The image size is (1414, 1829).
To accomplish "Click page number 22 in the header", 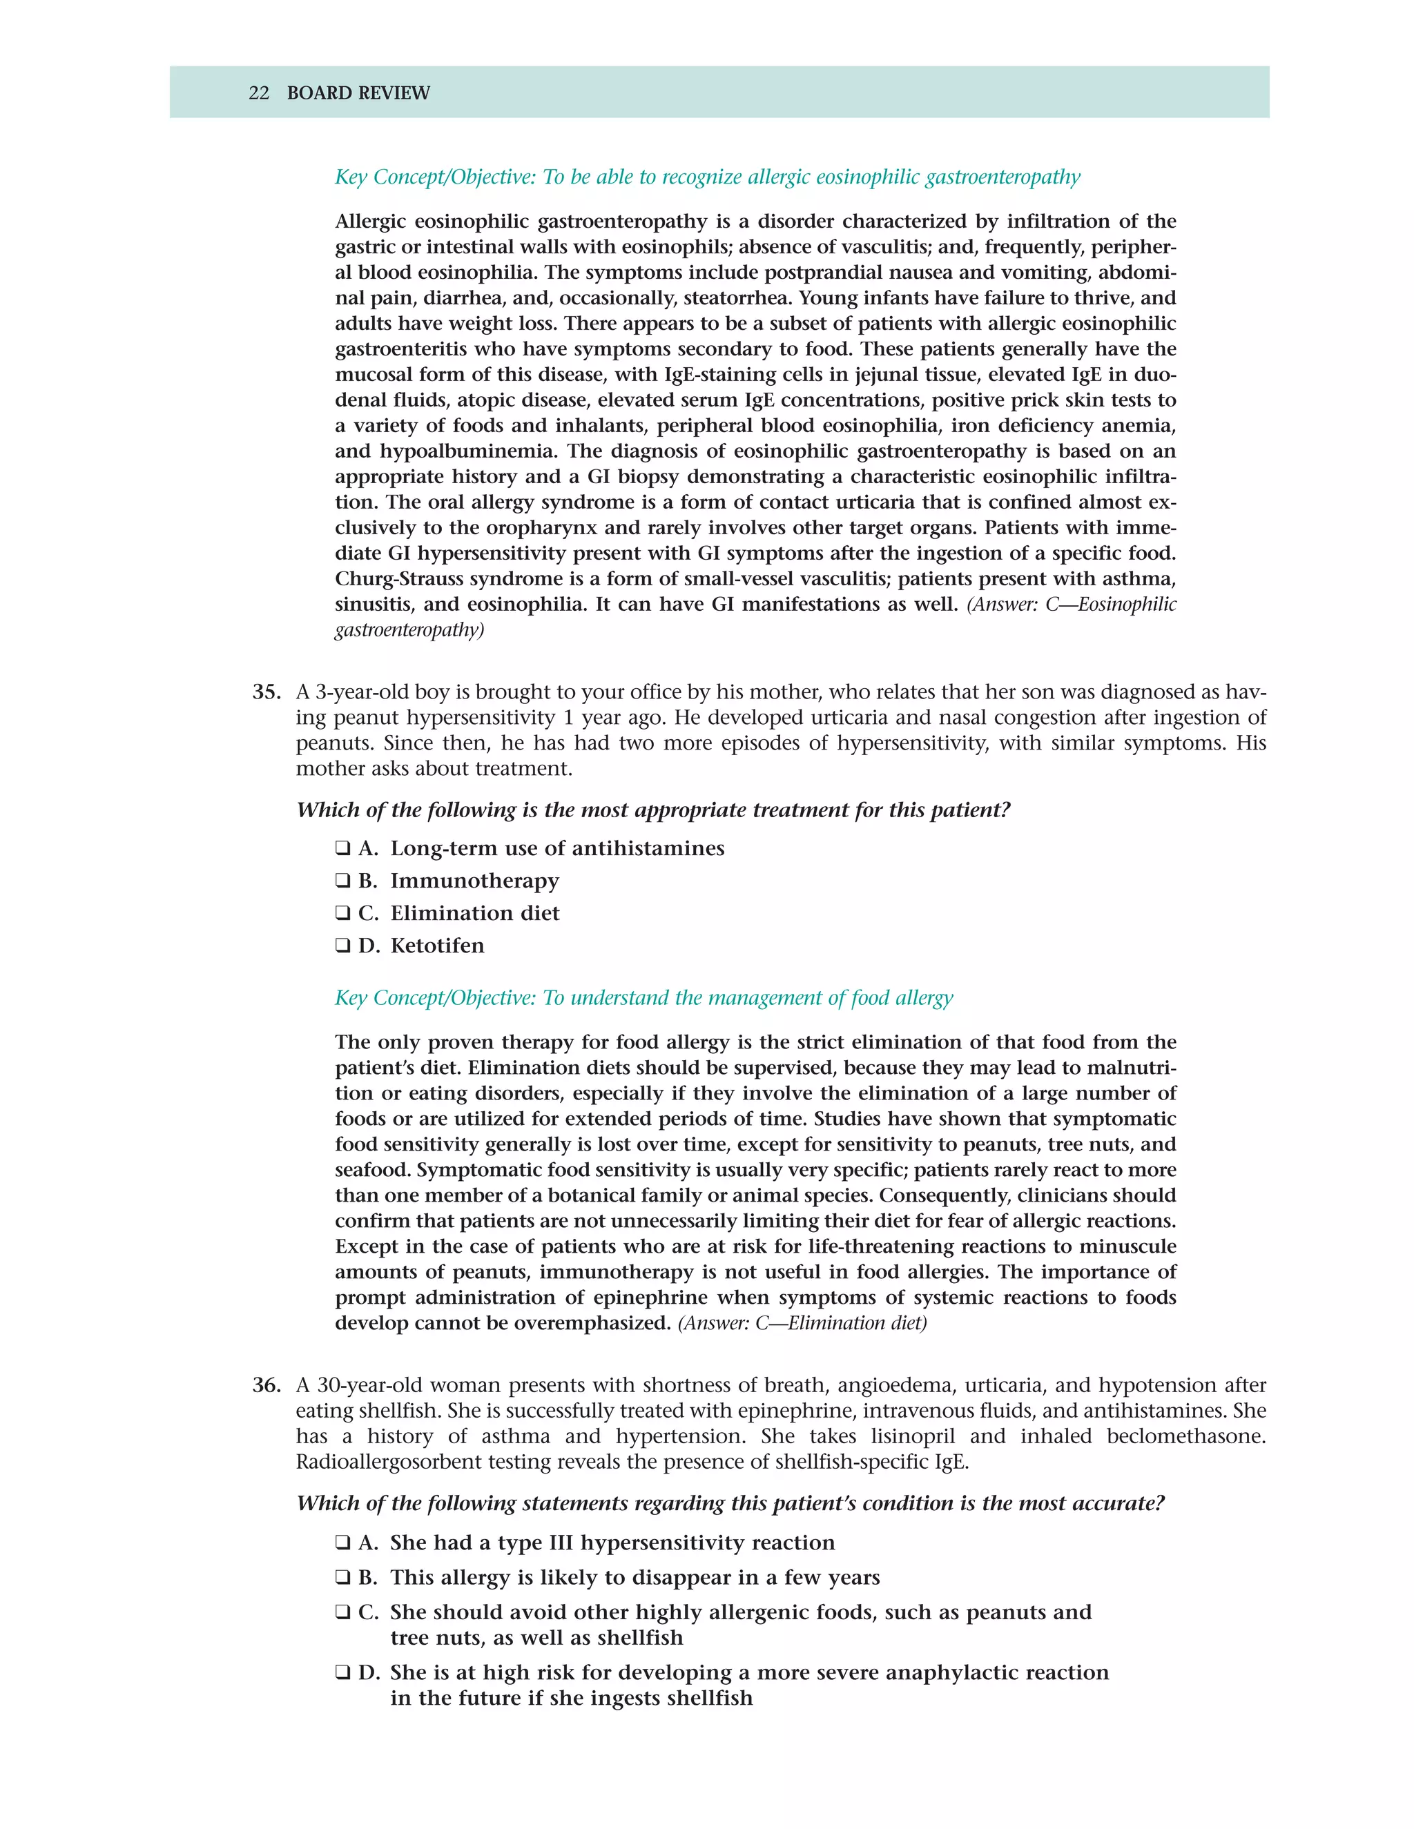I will pos(259,93).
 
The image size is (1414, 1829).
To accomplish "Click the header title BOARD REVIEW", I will pos(358,93).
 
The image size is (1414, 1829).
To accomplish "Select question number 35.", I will pos(266,692).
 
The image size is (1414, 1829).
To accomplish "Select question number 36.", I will pos(266,1386).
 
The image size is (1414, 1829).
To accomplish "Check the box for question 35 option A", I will pos(342,848).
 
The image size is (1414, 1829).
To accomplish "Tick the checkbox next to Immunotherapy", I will pos(342,881).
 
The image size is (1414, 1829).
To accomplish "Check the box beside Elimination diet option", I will pos(342,914).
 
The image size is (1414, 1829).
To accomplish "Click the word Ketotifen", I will pos(437,946).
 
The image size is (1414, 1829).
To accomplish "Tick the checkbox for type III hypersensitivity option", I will pos(342,1543).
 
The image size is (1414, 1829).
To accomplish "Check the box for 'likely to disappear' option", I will pos(342,1578).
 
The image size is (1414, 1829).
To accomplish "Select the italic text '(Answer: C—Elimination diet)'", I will pos(802,1323).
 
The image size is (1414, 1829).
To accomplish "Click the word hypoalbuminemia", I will pos(467,452).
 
